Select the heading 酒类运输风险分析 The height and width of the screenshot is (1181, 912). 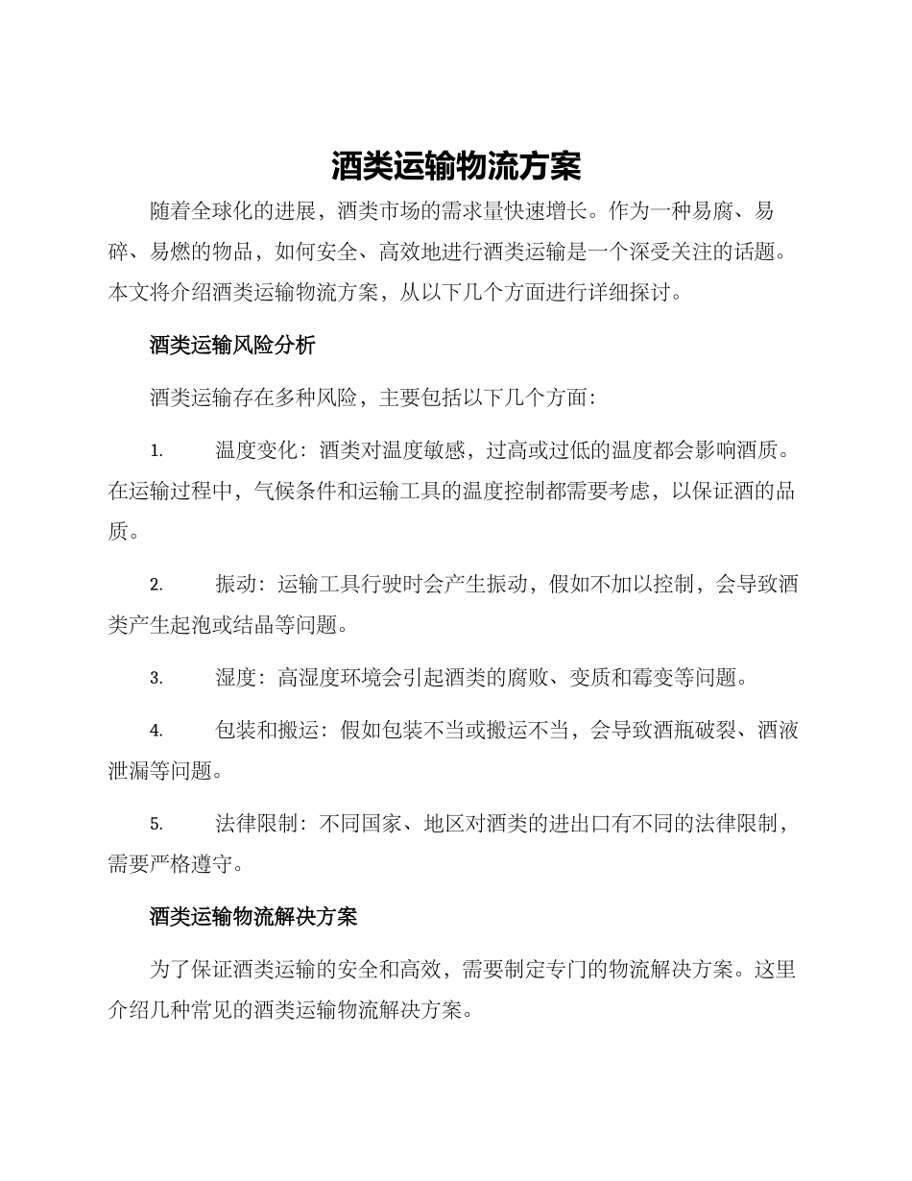tap(232, 346)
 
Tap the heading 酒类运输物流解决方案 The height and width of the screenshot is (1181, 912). tap(253, 917)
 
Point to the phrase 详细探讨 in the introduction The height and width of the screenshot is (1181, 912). tap(626, 292)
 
